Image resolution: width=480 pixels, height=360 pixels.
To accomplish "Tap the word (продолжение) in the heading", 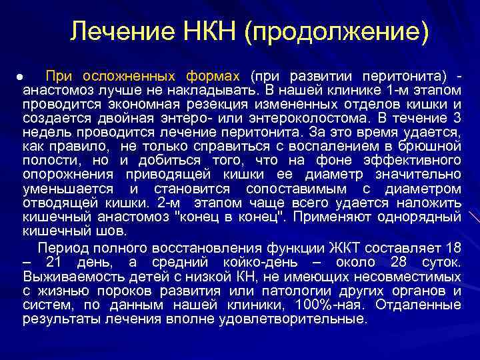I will click(337, 32).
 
